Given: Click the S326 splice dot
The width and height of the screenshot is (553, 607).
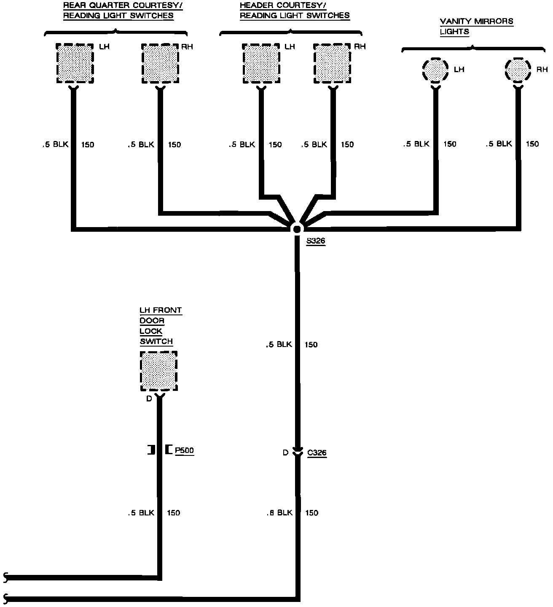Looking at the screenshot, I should [x=297, y=229].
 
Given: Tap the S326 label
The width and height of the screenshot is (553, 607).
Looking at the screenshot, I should [x=316, y=241].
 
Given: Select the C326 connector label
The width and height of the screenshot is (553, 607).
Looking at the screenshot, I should [x=317, y=453].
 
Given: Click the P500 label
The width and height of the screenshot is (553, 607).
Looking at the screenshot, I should [x=184, y=450].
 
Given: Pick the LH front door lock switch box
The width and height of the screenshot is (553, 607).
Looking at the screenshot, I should [x=158, y=371].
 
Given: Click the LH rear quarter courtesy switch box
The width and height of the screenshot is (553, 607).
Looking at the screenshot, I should [x=75, y=64].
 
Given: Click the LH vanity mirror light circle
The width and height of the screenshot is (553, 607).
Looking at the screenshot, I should [x=435, y=70].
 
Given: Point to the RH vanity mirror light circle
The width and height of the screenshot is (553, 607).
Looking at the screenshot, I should [x=518, y=70].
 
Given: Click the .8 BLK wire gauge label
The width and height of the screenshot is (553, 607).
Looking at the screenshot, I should [x=279, y=513].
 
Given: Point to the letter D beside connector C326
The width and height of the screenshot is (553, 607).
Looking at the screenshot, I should [x=285, y=453].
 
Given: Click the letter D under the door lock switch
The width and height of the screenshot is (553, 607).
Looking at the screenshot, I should [x=149, y=398].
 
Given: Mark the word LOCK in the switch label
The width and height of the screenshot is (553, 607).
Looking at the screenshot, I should [x=151, y=331].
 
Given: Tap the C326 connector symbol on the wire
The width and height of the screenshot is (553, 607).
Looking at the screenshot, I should [x=298, y=452].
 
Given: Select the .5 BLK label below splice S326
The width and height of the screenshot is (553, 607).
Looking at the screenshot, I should [x=279, y=344].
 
